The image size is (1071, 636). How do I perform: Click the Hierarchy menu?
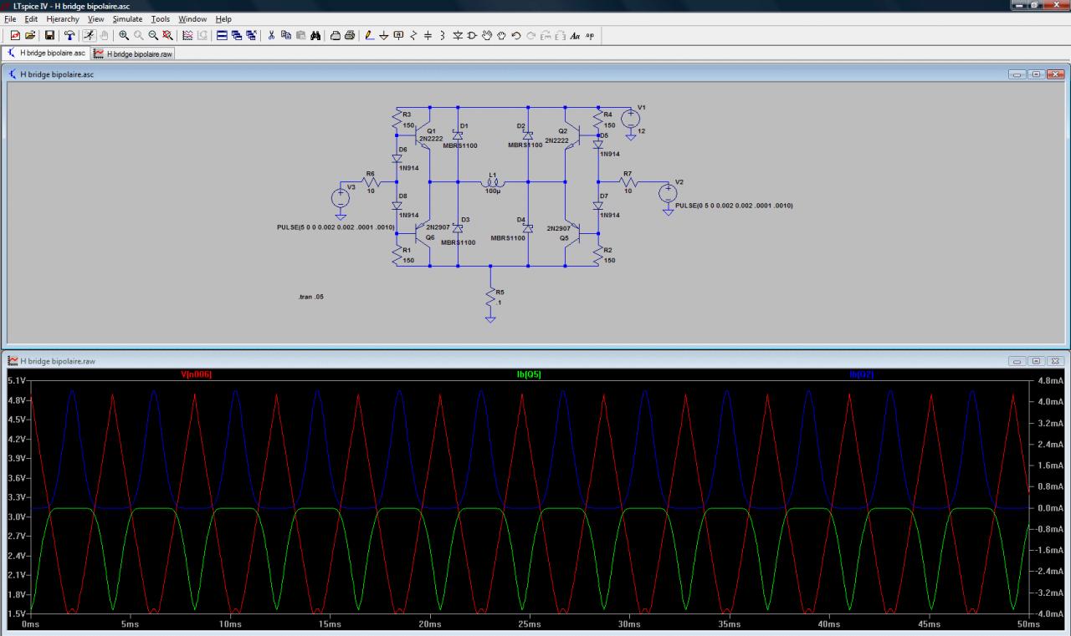click(x=63, y=18)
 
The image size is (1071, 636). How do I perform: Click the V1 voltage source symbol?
click(x=631, y=120)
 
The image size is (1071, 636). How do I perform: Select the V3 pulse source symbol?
click(x=341, y=199)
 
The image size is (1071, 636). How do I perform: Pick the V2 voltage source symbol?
click(x=667, y=194)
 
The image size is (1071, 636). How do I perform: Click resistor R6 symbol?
click(x=371, y=181)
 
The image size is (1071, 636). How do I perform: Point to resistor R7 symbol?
click(x=628, y=181)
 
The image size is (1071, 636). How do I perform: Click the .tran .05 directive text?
click(x=310, y=297)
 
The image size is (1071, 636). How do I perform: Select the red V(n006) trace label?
click(x=196, y=374)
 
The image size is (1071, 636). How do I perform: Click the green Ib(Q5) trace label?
click(x=529, y=374)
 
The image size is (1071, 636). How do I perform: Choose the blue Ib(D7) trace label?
click(x=861, y=374)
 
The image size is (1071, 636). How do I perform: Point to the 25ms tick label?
click(x=529, y=624)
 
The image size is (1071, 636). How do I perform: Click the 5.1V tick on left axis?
click(x=17, y=380)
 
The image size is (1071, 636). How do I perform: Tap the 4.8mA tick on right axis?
click(x=1049, y=380)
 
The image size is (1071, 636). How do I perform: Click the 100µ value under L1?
click(x=493, y=191)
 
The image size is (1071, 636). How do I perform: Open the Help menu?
click(x=223, y=18)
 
